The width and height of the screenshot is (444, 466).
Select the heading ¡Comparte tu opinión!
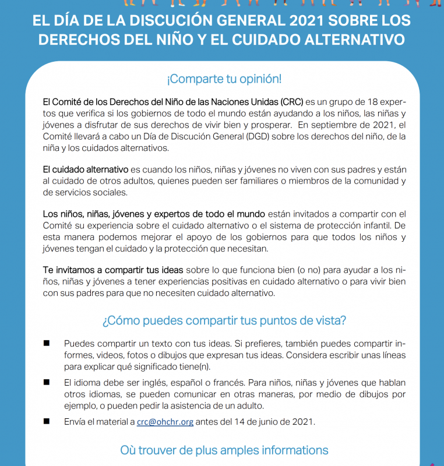coord(224,79)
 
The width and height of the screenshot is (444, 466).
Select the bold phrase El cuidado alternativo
coord(86,170)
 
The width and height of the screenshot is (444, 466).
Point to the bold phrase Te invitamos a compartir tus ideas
coord(113,270)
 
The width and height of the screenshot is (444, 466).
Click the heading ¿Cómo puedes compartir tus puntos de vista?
coord(224,320)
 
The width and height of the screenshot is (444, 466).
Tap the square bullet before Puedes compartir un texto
coord(46,343)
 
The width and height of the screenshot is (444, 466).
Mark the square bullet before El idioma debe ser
coord(46,382)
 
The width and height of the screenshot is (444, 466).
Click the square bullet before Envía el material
coord(46,421)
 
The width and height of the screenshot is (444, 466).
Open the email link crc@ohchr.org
coord(165,422)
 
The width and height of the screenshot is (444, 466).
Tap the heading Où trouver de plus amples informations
coord(224,450)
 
